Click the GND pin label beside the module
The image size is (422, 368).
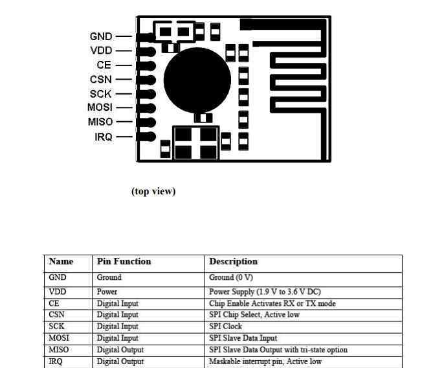[101, 36]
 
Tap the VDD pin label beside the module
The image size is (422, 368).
[101, 51]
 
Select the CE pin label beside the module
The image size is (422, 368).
[104, 65]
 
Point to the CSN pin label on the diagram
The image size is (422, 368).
[101, 80]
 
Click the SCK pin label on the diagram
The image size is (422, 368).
[100, 94]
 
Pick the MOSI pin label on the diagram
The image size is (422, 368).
[100, 107]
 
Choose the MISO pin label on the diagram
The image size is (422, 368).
[100, 122]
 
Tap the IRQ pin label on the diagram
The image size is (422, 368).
[104, 137]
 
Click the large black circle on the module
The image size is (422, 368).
[197, 80]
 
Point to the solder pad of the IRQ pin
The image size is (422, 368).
[146, 137]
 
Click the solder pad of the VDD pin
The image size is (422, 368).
[146, 51]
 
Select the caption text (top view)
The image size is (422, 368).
[153, 191]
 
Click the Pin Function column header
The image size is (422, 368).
[124, 261]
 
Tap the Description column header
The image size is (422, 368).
[234, 261]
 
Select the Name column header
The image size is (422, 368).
[61, 261]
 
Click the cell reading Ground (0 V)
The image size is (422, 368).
[231, 277]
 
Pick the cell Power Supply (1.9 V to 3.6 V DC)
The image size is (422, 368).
[265, 292]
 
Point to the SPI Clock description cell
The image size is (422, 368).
[225, 327]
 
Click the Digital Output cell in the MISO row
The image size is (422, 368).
[120, 350]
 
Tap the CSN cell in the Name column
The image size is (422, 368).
[56, 315]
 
